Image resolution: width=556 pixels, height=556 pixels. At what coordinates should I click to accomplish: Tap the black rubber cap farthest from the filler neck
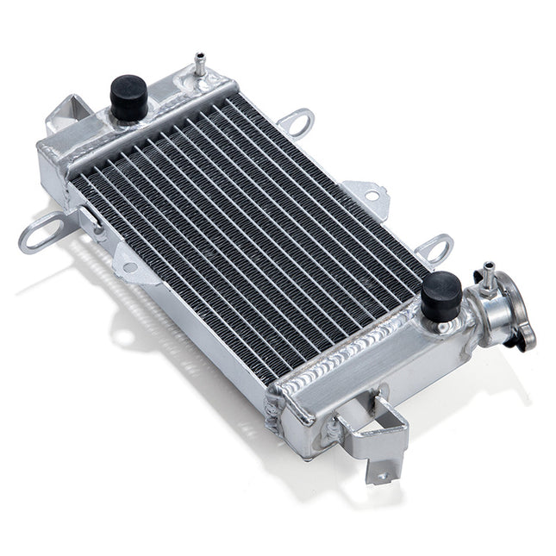pyautogui.click(x=128, y=96)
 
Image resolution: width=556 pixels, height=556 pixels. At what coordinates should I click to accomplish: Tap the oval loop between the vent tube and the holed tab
pyautogui.click(x=295, y=122)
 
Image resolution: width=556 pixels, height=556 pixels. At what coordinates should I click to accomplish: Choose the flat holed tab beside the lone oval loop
pyautogui.click(x=134, y=263)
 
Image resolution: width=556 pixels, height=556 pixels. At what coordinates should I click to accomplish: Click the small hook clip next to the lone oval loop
pyautogui.click(x=92, y=219)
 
